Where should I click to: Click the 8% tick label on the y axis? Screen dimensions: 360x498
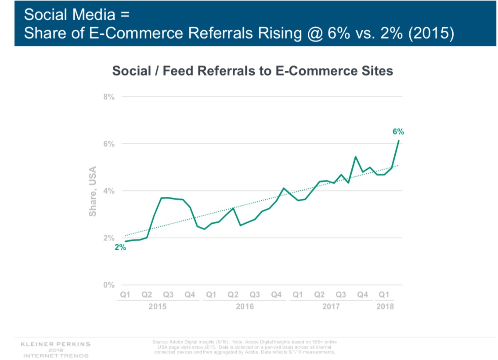(x=109, y=97)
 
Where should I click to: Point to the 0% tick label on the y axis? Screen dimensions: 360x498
(x=109, y=285)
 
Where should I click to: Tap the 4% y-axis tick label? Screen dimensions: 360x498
(x=109, y=191)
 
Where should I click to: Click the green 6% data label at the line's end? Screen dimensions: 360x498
(x=398, y=131)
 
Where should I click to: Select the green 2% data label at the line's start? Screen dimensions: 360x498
(x=120, y=247)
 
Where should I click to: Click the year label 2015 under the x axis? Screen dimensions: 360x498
(x=157, y=306)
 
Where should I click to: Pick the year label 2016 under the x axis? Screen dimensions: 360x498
(x=245, y=306)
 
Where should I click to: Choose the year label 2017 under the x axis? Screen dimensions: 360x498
(x=331, y=306)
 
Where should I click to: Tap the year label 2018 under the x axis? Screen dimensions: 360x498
(x=385, y=306)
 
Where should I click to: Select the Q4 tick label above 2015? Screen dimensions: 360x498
(x=190, y=295)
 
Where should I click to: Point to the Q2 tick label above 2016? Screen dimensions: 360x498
(x=233, y=295)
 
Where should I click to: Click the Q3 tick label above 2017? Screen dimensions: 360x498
(x=341, y=295)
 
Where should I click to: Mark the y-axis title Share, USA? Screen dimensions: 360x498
(x=93, y=191)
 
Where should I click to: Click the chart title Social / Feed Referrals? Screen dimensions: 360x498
(x=253, y=71)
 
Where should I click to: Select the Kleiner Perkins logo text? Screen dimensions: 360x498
(x=55, y=343)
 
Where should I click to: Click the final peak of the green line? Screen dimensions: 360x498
(x=398, y=141)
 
